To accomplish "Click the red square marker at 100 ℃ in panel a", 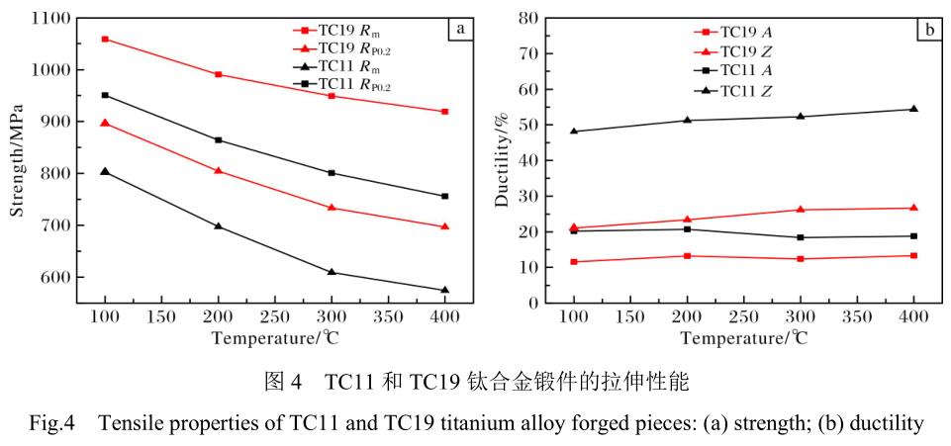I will tap(105, 40).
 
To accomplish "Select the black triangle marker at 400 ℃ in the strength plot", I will tap(445, 290).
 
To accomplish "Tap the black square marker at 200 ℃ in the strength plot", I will tap(218, 140).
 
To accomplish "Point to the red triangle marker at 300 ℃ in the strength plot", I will tap(332, 208).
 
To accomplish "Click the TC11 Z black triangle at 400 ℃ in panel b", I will tap(913, 109).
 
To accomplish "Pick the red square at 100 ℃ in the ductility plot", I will tap(574, 262).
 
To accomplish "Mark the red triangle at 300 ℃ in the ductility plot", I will tap(800, 210).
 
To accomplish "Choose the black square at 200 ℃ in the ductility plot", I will tap(687, 229).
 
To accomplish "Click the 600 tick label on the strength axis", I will tap(54, 277).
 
